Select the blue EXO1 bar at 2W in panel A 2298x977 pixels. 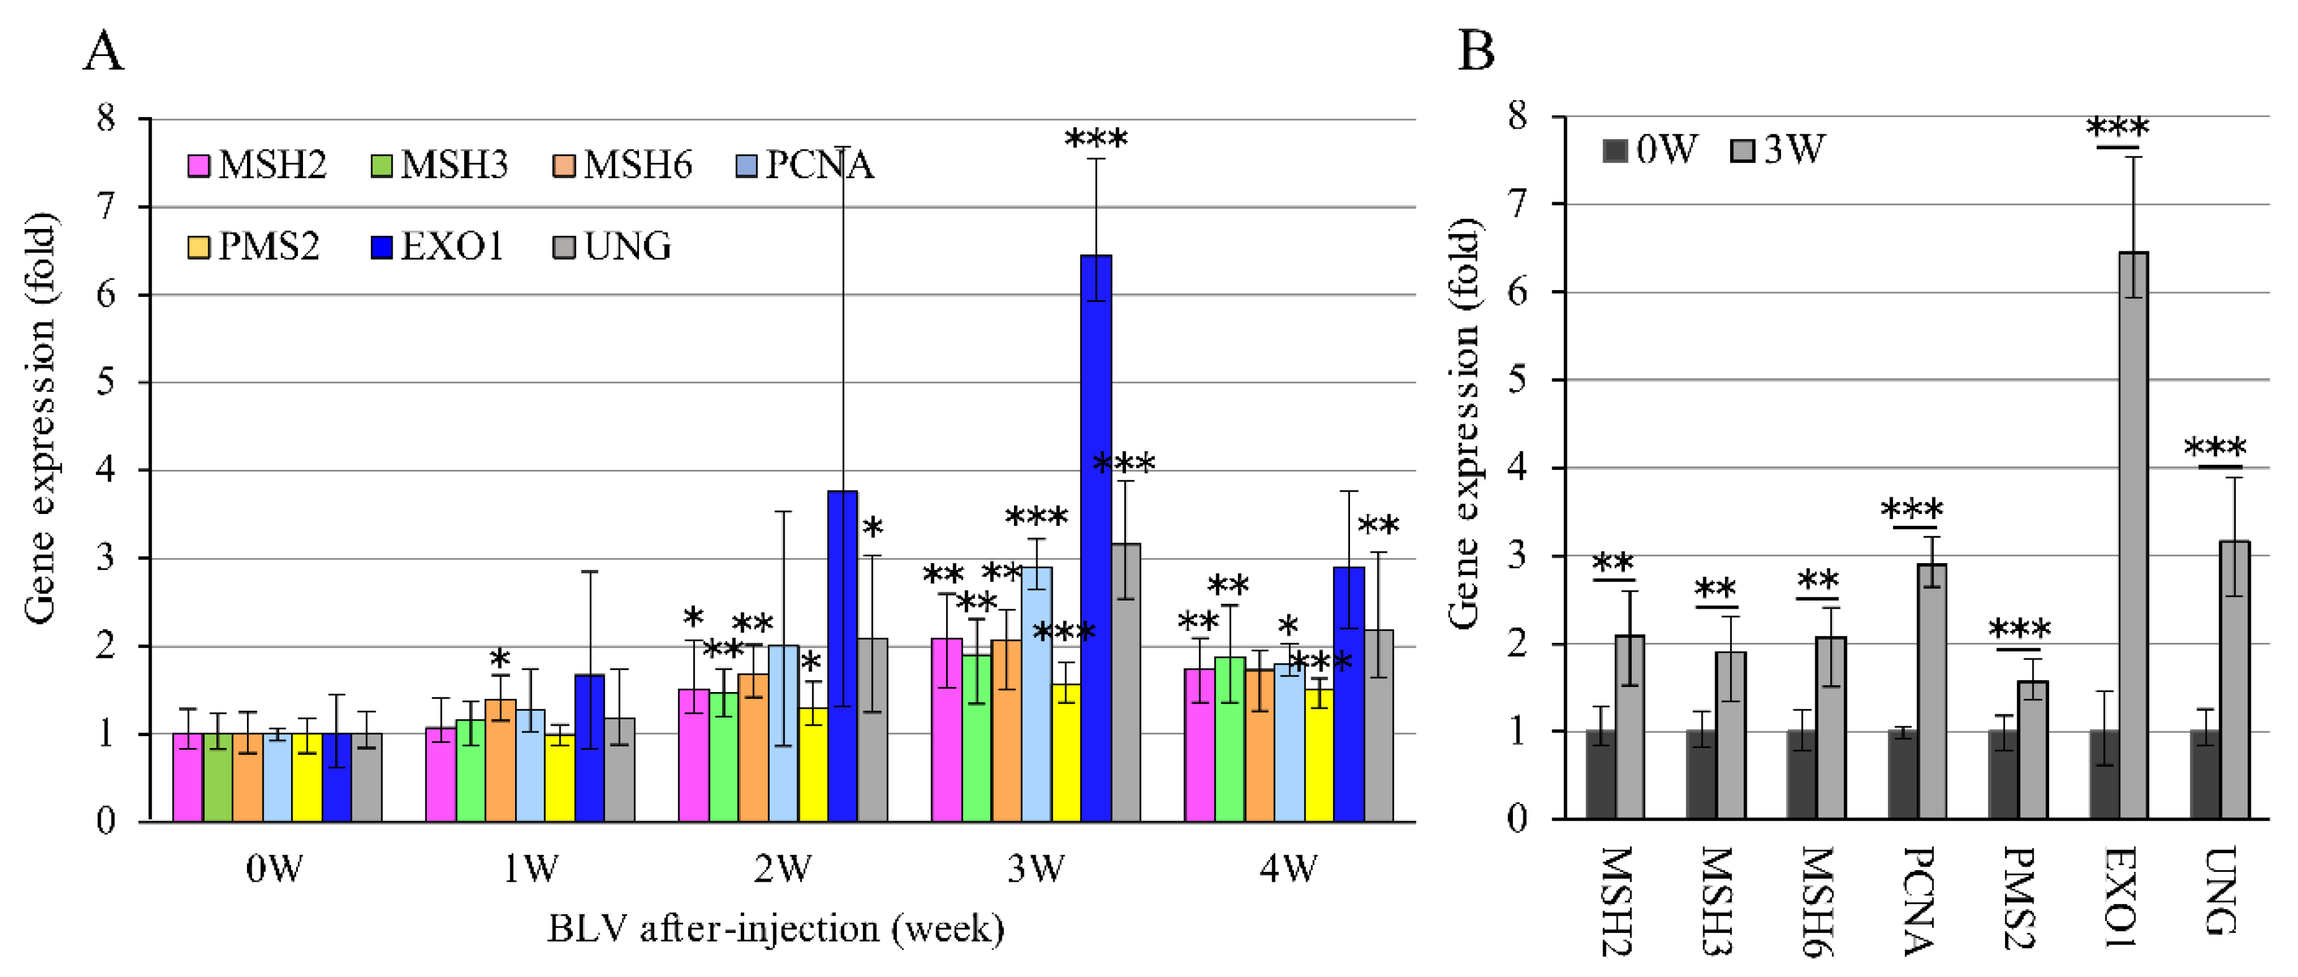842,656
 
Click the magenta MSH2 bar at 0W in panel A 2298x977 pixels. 187,776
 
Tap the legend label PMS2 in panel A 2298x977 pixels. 269,246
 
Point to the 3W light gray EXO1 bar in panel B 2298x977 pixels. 2133,535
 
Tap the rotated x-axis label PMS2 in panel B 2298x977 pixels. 2019,897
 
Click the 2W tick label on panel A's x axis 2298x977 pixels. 783,868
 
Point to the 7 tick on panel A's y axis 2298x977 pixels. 107,207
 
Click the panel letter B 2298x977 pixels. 1476,51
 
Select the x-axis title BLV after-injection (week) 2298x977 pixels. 776,929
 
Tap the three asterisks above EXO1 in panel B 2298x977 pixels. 2118,128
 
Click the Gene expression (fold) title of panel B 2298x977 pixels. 1464,423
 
